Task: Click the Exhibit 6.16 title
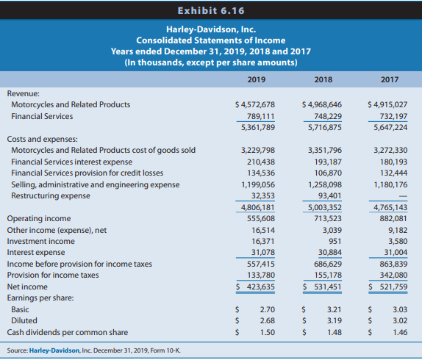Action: point(211,11)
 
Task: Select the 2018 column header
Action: point(323,79)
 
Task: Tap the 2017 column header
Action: point(390,79)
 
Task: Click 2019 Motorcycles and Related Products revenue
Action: point(255,104)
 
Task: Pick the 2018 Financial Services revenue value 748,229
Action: point(328,116)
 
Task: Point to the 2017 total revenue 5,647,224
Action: point(390,127)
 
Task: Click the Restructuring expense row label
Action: point(51,195)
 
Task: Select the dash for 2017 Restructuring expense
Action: point(403,197)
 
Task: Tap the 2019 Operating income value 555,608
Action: point(261,218)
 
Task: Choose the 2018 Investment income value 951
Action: point(335,241)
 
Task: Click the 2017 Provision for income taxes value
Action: point(393,275)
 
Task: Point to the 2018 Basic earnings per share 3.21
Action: point(335,309)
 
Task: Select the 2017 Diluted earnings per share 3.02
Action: point(400,320)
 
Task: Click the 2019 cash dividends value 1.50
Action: point(268,332)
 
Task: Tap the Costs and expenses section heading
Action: point(42,139)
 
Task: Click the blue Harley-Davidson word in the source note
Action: point(54,350)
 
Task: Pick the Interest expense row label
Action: point(36,252)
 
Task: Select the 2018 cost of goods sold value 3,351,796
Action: point(325,150)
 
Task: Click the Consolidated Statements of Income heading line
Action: point(211,40)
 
